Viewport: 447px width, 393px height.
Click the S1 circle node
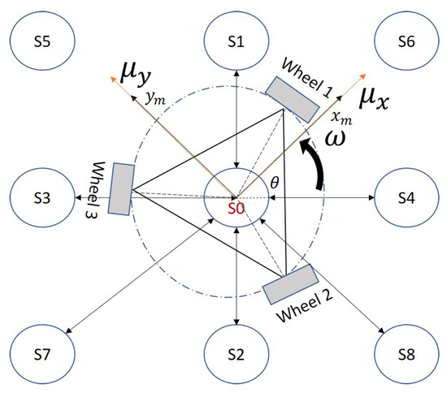coord(235,42)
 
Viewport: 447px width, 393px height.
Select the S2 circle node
coord(235,355)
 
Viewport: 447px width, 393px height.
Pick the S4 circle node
coord(406,197)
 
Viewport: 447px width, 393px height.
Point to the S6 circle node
coord(406,42)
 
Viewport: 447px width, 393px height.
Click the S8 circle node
coord(406,355)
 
